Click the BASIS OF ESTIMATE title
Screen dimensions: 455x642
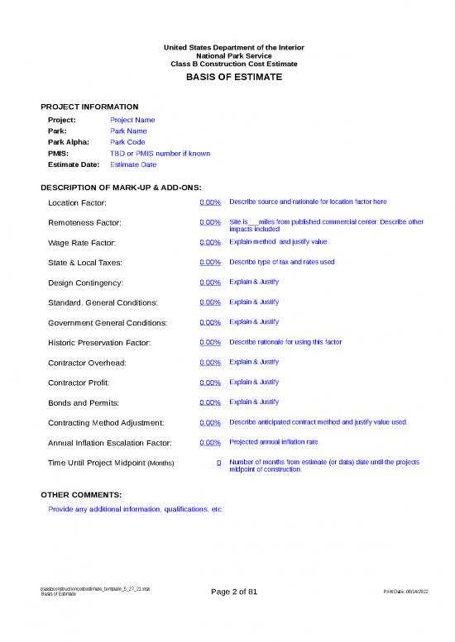click(227, 77)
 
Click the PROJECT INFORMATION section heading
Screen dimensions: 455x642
click(89, 107)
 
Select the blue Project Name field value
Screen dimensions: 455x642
click(132, 120)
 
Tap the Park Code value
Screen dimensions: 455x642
click(127, 142)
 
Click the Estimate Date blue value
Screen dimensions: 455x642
click(133, 164)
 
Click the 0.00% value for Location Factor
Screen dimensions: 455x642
click(210, 202)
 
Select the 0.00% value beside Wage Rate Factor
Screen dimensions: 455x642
click(210, 242)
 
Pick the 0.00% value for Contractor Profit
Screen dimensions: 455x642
click(210, 383)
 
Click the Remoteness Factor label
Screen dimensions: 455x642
click(85, 223)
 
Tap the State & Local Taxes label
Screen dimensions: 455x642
click(86, 263)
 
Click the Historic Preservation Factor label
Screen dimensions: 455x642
click(99, 342)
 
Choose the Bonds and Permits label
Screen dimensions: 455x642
click(84, 402)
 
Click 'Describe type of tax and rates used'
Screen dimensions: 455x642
click(282, 262)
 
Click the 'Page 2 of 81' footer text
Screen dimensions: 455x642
click(234, 592)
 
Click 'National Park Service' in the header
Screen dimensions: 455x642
click(227, 55)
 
